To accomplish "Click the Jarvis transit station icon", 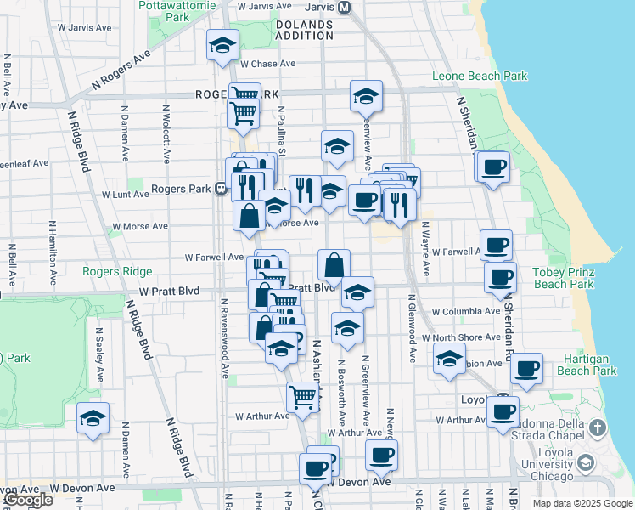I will pos(344,7).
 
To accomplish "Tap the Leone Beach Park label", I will pos(480,76).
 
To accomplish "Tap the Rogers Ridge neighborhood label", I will pos(117,272).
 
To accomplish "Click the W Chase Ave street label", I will pos(267,64).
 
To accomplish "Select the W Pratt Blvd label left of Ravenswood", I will pos(171,292).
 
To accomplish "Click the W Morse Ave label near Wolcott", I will pos(137,227).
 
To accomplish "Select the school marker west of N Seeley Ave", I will pos(93,418).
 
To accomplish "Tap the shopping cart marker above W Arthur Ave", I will pos(302,397).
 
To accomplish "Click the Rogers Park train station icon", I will pos(220,189).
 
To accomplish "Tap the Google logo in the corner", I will pos(28,500).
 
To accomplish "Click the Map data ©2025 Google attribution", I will pos(582,503).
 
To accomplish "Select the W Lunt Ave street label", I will pos(126,195).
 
